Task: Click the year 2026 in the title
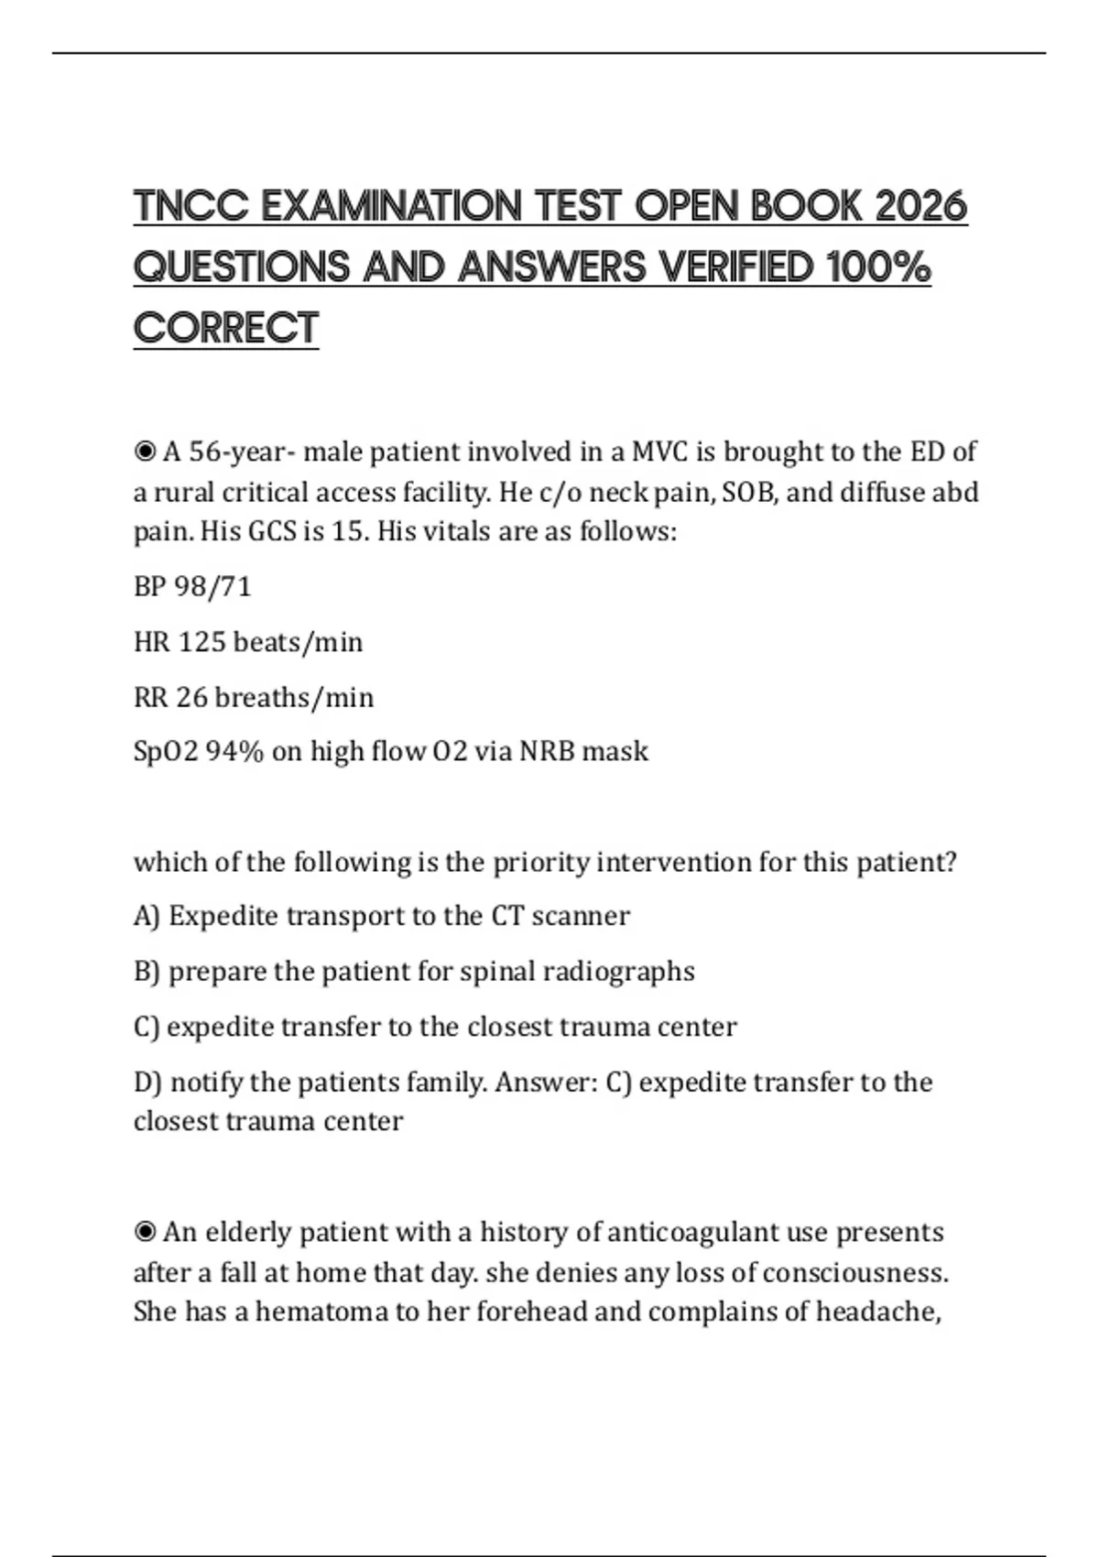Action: [x=920, y=206]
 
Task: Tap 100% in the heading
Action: [x=878, y=267]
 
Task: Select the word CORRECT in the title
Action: [x=225, y=329]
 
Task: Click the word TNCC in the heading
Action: [x=190, y=206]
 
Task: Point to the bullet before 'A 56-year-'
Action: [x=145, y=452]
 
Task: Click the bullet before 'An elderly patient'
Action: [x=145, y=1232]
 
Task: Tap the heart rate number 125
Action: [x=201, y=641]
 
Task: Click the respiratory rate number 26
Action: [x=192, y=697]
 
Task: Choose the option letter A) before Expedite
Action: [x=147, y=916]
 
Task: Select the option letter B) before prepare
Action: [x=147, y=971]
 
